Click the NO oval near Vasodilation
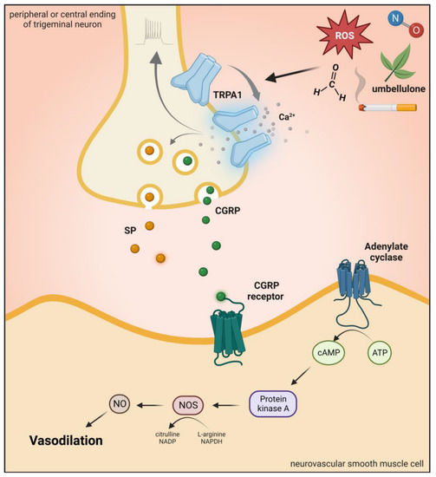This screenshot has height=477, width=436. click(x=120, y=404)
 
